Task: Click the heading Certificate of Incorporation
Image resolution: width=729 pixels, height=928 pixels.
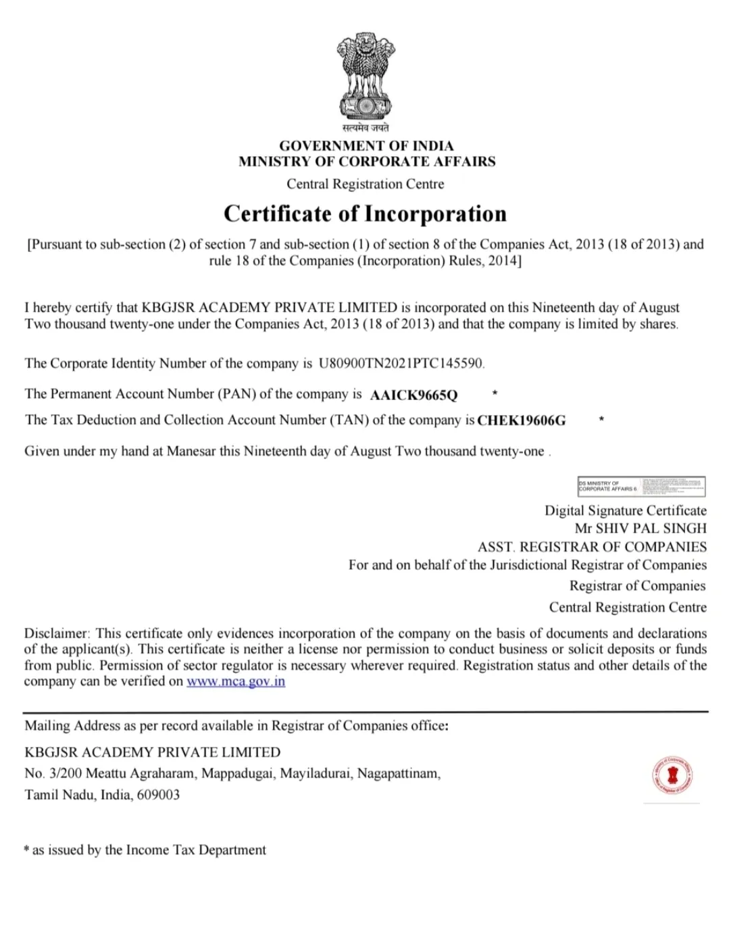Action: tap(365, 214)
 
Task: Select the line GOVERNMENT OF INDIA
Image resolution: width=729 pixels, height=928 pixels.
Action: tap(366, 145)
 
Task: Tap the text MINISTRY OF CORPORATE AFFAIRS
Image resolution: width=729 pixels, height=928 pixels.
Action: tap(366, 162)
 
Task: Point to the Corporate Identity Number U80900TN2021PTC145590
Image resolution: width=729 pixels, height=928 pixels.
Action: tap(401, 364)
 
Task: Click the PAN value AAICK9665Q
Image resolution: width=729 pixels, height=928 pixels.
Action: tap(413, 395)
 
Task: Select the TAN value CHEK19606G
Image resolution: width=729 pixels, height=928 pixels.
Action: tap(522, 420)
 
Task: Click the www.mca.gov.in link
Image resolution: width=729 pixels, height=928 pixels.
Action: tap(236, 681)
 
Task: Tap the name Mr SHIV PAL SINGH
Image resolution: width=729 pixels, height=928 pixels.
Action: tap(640, 529)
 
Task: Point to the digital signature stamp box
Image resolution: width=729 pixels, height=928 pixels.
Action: tap(641, 486)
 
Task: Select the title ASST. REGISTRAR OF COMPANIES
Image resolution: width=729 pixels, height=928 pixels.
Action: tap(592, 547)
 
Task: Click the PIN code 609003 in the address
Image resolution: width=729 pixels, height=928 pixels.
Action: tap(158, 795)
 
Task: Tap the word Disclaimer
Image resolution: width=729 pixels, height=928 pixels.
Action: tap(57, 634)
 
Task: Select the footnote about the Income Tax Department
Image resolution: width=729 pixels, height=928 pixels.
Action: tap(145, 850)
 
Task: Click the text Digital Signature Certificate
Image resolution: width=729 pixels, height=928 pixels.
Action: tap(625, 511)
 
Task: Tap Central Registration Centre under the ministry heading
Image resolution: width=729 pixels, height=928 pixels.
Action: tap(366, 184)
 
